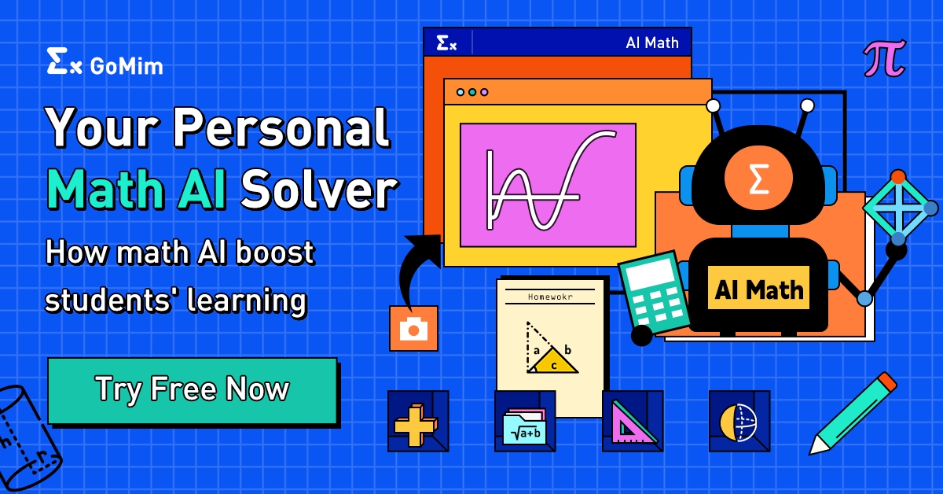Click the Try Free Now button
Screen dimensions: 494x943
click(193, 390)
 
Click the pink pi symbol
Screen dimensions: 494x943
click(884, 58)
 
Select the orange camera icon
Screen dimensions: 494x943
click(413, 328)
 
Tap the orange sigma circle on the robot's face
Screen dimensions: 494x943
click(758, 179)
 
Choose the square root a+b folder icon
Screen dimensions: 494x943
click(524, 425)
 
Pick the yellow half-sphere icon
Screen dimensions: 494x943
click(739, 422)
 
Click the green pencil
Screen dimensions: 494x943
click(852, 414)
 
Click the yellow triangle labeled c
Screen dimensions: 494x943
click(555, 363)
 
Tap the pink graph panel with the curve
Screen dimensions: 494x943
click(547, 184)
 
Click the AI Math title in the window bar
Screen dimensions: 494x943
click(651, 42)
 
